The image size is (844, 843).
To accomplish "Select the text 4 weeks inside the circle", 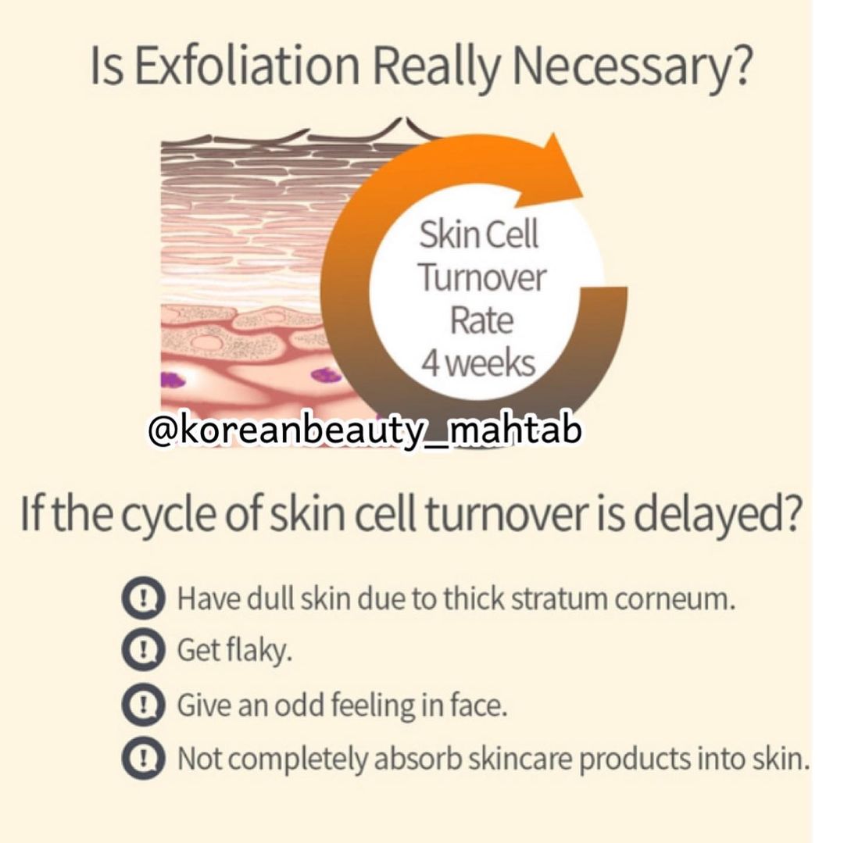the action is [x=478, y=364].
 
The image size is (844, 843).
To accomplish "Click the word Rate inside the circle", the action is [x=481, y=321].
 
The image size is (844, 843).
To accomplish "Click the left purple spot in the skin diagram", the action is [x=173, y=380].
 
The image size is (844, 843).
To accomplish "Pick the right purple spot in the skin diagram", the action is [x=327, y=375].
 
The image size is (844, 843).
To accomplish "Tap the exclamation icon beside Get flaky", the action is [x=142, y=651].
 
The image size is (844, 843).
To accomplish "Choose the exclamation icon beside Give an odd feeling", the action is [x=142, y=705].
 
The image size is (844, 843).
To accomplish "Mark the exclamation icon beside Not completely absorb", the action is [x=142, y=759].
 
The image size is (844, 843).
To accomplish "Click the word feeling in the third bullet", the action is [x=371, y=706].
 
